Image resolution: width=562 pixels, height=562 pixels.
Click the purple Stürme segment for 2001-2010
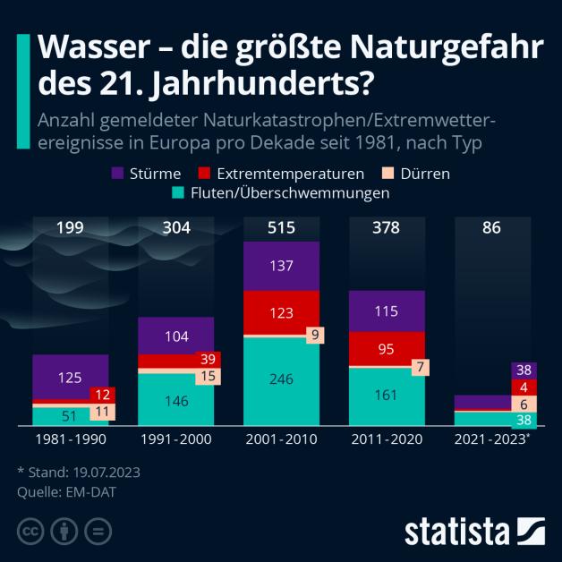tap(281, 266)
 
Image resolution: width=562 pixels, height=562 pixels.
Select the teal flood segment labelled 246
tap(281, 379)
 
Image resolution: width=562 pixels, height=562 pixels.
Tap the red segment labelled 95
tap(387, 349)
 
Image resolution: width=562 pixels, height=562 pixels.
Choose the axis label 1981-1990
tap(70, 440)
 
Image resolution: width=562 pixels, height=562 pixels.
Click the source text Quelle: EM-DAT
tap(66, 490)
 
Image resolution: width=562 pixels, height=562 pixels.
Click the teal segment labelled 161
tap(387, 395)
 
